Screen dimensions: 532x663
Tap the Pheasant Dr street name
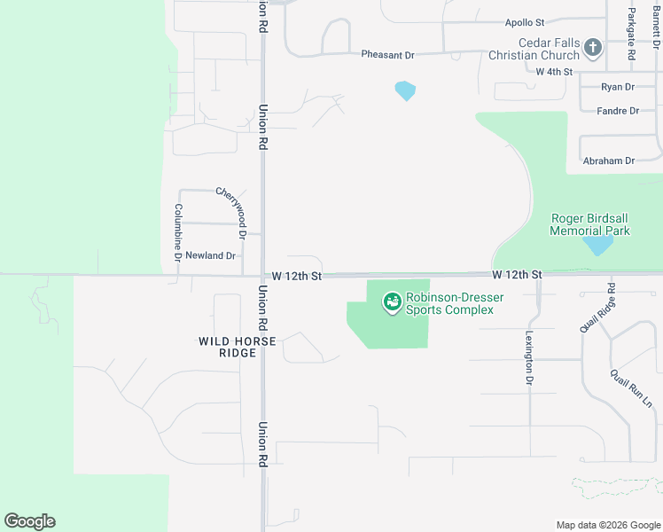pos(387,55)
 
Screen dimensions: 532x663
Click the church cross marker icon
pos(593,47)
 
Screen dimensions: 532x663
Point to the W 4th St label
pos(555,71)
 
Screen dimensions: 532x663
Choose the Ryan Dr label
pos(618,87)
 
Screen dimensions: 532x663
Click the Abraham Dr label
pos(609,160)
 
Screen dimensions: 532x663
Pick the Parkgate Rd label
pos(632,35)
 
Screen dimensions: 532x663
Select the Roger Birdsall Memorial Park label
pos(590,224)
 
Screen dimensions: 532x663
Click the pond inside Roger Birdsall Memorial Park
pos(598,243)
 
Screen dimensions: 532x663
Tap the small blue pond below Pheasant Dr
pos(405,90)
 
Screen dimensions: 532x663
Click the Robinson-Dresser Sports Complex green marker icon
pos(391,303)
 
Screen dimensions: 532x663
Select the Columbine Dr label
pos(178,231)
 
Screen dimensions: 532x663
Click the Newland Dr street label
pos(210,255)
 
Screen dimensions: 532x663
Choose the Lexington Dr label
pos(528,357)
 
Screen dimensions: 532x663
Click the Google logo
pos(29,521)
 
